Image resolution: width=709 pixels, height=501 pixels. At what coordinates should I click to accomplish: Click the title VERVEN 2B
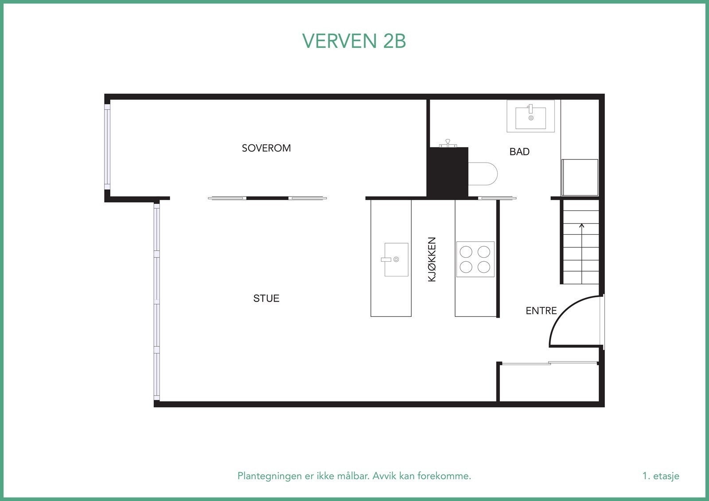(x=354, y=41)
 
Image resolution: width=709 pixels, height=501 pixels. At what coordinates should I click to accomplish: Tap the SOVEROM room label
(x=266, y=148)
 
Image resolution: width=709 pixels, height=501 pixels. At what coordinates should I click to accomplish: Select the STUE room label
(x=266, y=299)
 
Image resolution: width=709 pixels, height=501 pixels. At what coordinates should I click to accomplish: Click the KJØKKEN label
(x=432, y=259)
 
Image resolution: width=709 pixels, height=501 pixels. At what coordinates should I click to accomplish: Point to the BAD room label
(x=519, y=151)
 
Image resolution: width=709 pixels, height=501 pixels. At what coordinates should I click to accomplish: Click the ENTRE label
(x=541, y=311)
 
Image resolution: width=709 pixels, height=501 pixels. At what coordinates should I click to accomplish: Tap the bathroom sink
(x=530, y=116)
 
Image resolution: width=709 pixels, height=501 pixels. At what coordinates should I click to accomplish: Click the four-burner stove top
(x=475, y=259)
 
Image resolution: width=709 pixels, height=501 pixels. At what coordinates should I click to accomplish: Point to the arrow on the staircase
(x=582, y=227)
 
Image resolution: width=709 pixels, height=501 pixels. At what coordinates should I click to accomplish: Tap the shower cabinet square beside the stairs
(x=580, y=177)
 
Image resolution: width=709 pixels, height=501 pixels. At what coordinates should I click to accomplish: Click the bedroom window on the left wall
(x=107, y=146)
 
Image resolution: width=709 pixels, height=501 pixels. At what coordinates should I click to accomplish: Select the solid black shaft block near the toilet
(x=448, y=172)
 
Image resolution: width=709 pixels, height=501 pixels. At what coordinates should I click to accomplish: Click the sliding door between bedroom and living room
(x=267, y=198)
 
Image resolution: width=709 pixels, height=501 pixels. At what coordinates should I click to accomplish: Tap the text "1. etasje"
(x=660, y=476)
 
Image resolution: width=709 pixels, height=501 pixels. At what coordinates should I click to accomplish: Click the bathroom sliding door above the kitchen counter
(x=497, y=198)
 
